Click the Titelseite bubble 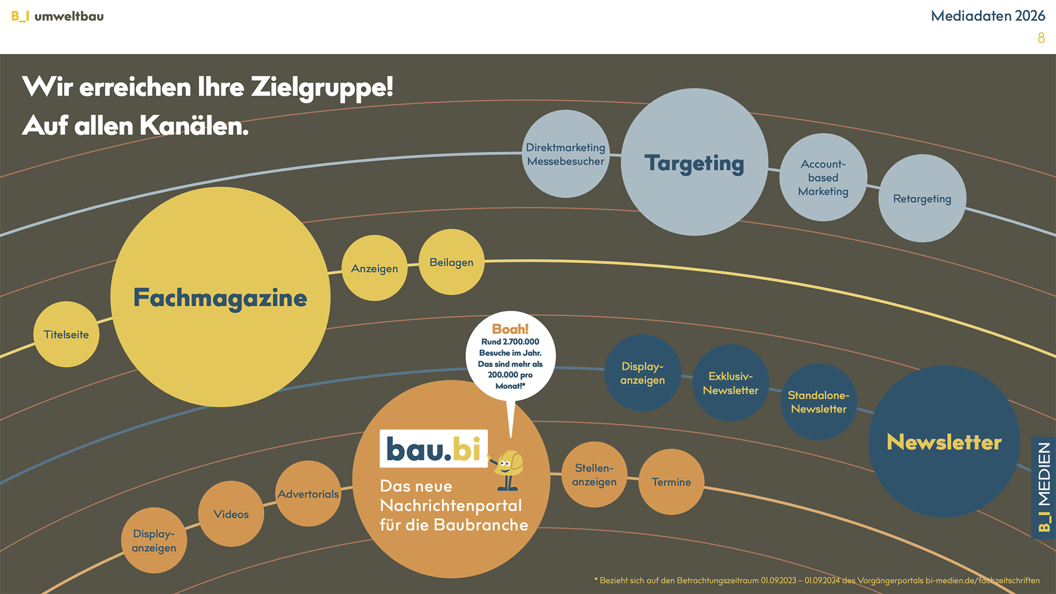tap(66, 334)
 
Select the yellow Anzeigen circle tap(375, 268)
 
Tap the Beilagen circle tap(452, 262)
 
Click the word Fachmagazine tap(220, 298)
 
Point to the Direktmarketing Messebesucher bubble tap(565, 154)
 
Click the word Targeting tap(694, 163)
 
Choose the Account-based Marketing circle tap(823, 178)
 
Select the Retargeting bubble tap(922, 199)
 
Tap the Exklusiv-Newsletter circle tap(730, 383)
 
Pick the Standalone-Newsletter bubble tap(818, 402)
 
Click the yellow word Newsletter tap(944, 442)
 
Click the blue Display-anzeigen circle tap(642, 373)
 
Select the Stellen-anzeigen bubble tap(594, 475)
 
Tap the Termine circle tap(671, 482)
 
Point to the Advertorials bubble tap(308, 494)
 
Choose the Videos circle tap(231, 514)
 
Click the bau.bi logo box tap(433, 449)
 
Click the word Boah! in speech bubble tap(510, 329)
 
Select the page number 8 tap(1041, 38)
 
